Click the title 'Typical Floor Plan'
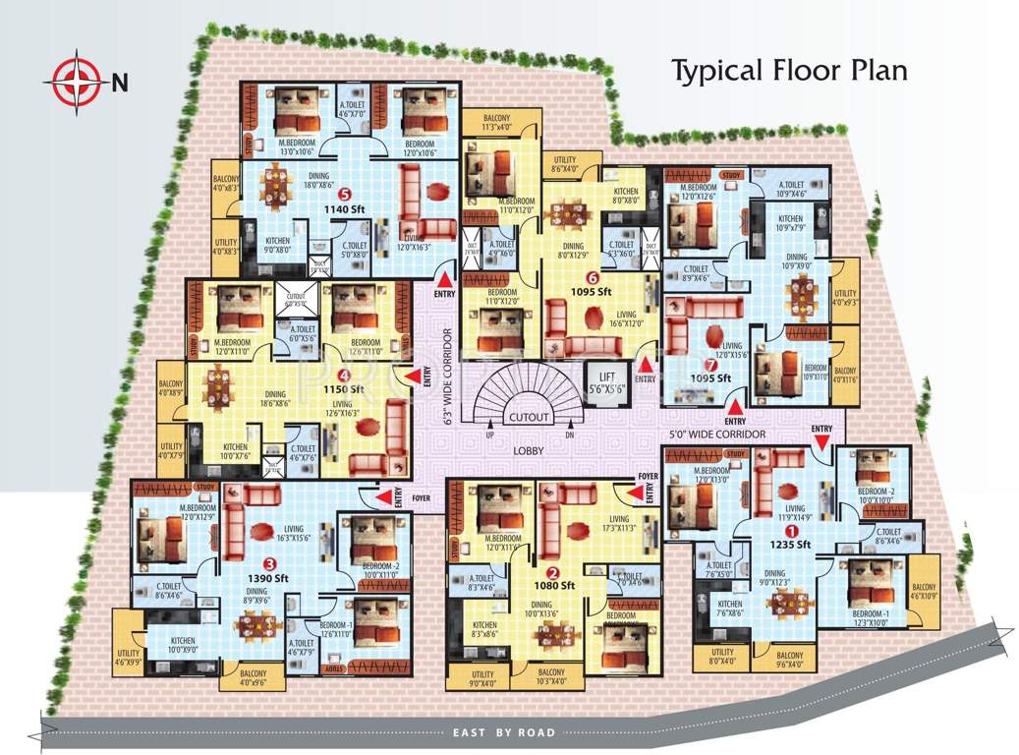(x=788, y=71)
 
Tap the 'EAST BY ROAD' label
(x=504, y=732)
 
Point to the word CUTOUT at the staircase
(x=529, y=417)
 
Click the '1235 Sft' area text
(x=789, y=544)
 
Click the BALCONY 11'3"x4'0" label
(x=497, y=122)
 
